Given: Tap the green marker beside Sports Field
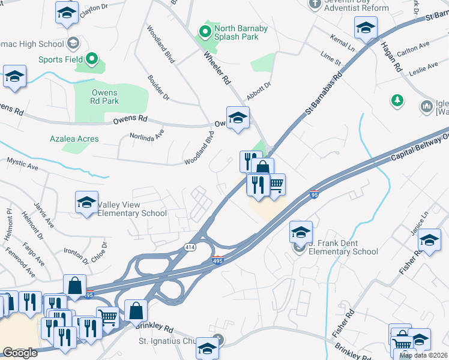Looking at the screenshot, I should click(x=92, y=59).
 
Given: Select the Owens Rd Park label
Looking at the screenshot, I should click(x=105, y=97).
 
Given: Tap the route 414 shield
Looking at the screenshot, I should click(x=190, y=247).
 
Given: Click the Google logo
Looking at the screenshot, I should click(x=20, y=353).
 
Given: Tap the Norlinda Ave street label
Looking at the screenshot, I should click(x=147, y=136).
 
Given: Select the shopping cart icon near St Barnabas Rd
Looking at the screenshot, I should click(x=276, y=185).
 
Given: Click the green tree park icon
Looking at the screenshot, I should click(x=397, y=100).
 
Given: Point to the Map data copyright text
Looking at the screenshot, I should click(x=423, y=355).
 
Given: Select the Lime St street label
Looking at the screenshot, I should click(x=331, y=58).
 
